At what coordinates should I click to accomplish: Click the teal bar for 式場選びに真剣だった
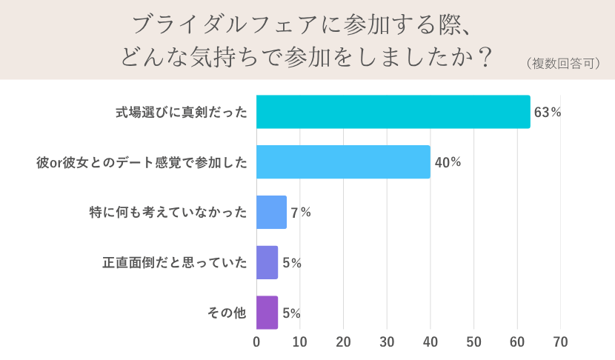pos(393,112)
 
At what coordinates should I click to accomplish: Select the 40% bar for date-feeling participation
pos(343,162)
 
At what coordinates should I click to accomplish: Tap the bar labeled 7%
pos(271,213)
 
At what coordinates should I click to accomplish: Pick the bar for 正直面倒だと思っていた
pos(267,262)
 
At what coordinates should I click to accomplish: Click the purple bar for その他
pos(267,313)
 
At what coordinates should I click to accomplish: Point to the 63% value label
pos(548,113)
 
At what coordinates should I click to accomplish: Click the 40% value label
pos(448,162)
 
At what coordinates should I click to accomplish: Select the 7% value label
pos(300,213)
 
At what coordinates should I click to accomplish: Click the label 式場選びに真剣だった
pos(181,113)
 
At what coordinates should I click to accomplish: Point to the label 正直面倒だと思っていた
pos(174,262)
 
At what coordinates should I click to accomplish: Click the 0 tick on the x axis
pos(256,342)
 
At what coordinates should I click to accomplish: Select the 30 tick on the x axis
pos(387,342)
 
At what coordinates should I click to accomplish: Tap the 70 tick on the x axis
pos(560,342)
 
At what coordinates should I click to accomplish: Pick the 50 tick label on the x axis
pos(473,342)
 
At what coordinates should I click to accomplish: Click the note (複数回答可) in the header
pos(562,64)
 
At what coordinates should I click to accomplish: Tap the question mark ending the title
pos(485,58)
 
